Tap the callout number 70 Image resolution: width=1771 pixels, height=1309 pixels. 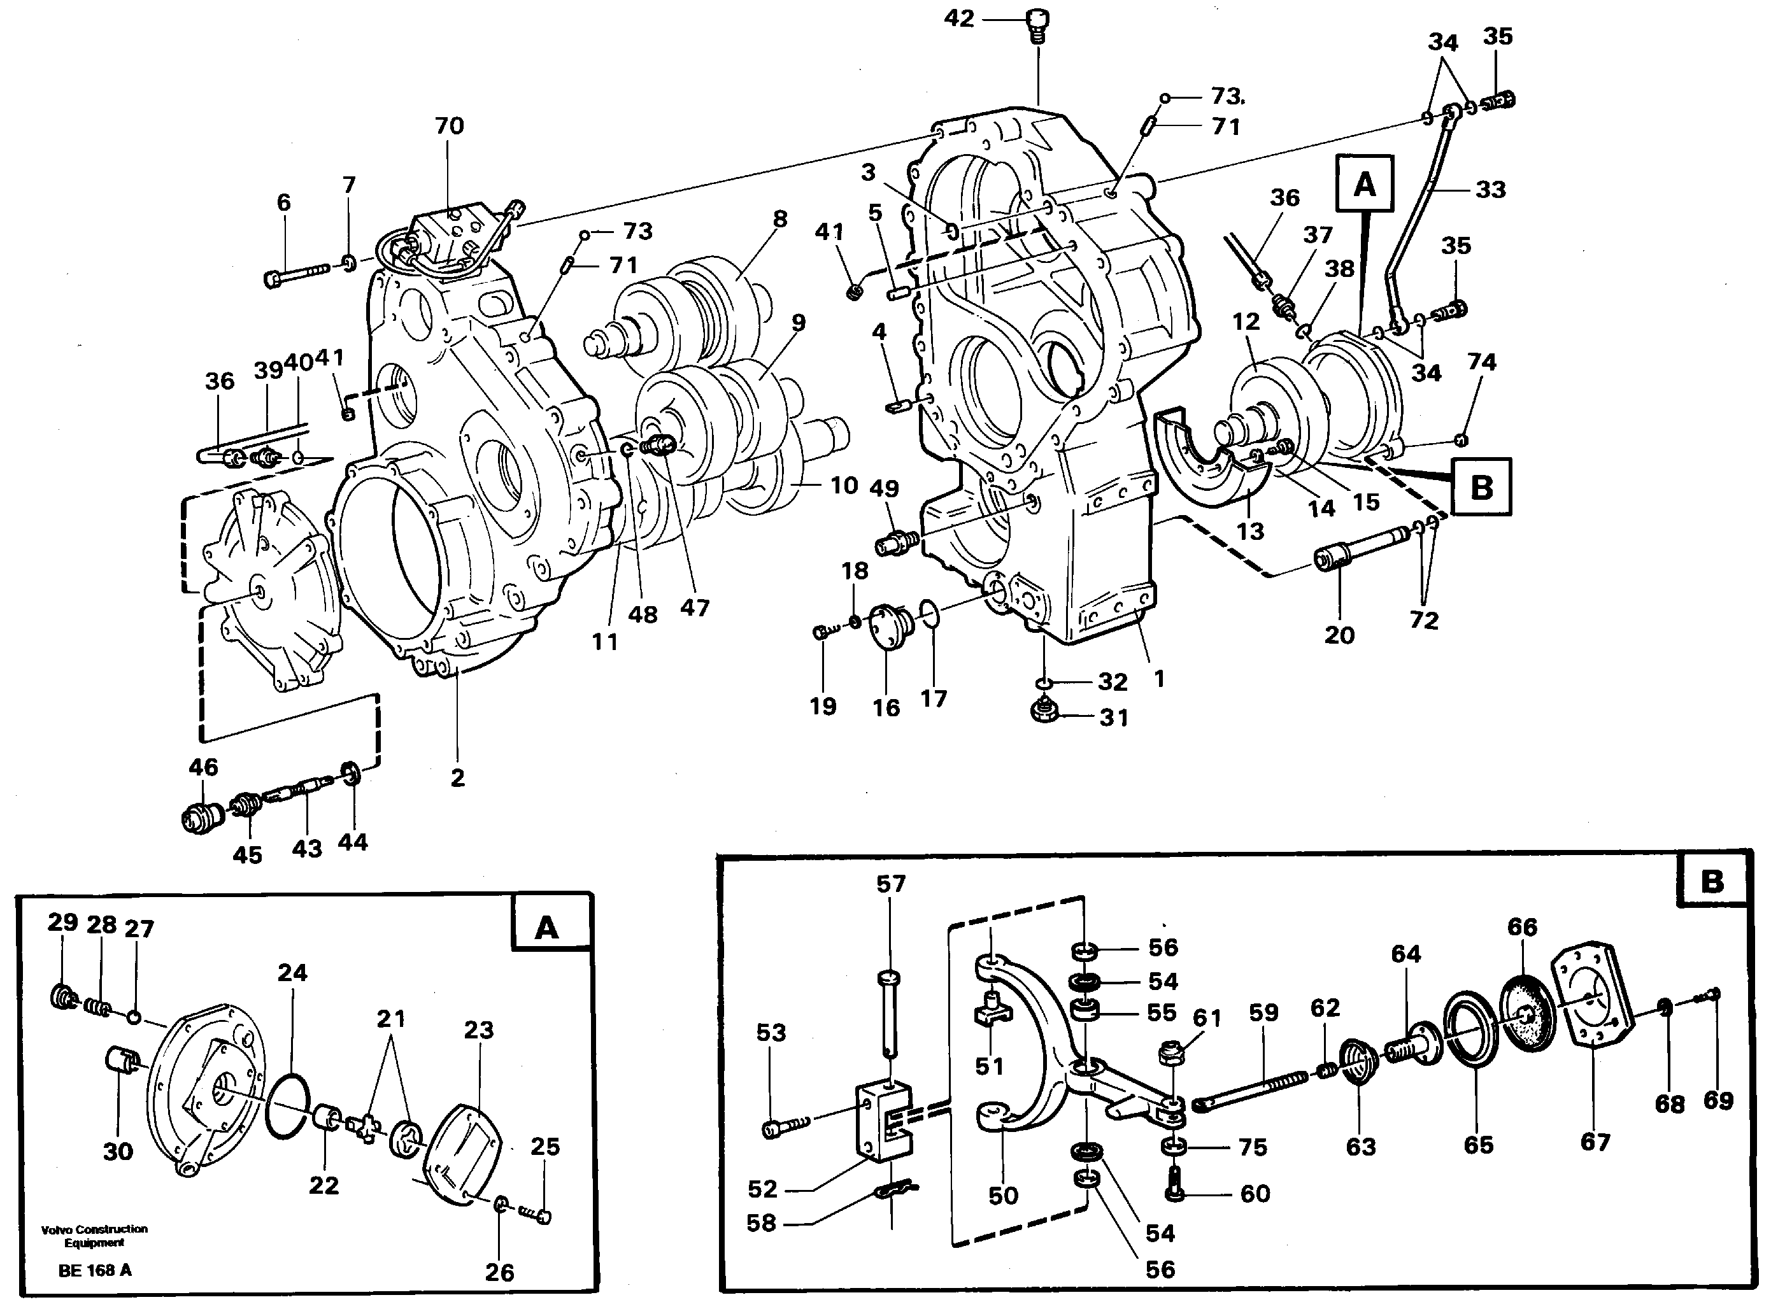pos(450,125)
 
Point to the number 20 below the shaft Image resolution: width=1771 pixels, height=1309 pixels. pos(1339,635)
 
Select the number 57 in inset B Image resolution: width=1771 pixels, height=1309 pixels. pos(891,884)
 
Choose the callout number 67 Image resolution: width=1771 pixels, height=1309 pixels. pos(1595,1142)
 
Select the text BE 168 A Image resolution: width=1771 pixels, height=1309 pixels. pos(95,1270)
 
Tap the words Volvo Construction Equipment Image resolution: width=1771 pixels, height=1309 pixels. pos(94,1235)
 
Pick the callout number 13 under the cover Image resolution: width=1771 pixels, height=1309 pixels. pos(1250,531)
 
